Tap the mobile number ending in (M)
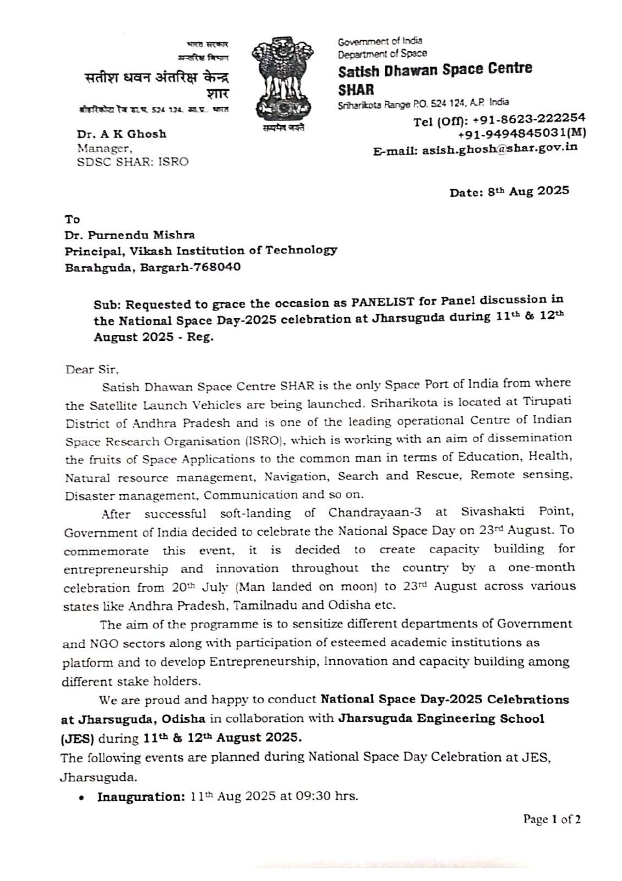coord(521,133)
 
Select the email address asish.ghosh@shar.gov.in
coord(499,148)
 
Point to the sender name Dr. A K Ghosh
coord(122,134)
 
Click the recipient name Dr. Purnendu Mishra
coord(129,235)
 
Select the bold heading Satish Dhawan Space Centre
coord(435,70)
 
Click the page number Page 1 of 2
coord(552,819)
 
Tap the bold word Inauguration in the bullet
coord(141,796)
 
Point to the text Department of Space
coord(382,53)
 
